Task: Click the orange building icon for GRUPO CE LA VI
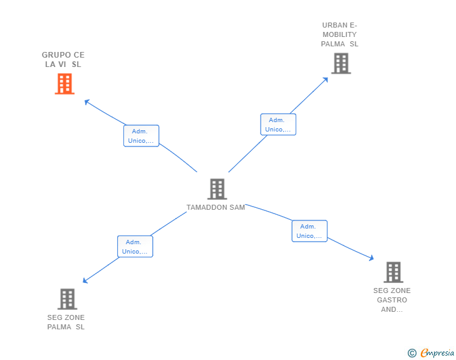pyautogui.click(x=65, y=84)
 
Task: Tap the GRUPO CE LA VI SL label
pyautogui.click(x=63, y=59)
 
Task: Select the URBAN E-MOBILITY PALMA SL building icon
pyautogui.click(x=341, y=63)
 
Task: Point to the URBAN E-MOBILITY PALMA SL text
pyautogui.click(x=339, y=35)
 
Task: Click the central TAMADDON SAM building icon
pyautogui.click(x=217, y=189)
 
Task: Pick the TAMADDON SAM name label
pyautogui.click(x=215, y=207)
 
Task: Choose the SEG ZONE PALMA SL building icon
pyautogui.click(x=67, y=299)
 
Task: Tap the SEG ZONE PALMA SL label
pyautogui.click(x=66, y=322)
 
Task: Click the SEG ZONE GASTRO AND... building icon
pyautogui.click(x=393, y=272)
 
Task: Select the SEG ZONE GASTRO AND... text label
pyautogui.click(x=392, y=300)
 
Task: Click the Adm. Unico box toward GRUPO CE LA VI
pyautogui.click(x=141, y=136)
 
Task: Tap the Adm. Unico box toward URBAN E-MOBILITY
pyautogui.click(x=278, y=125)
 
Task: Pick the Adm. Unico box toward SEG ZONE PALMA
pyautogui.click(x=135, y=247)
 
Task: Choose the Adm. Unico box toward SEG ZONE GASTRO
pyautogui.click(x=309, y=231)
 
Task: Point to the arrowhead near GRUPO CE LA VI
pyautogui.click(x=87, y=101)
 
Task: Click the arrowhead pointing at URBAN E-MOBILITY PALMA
pyautogui.click(x=326, y=79)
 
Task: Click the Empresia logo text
pyautogui.click(x=437, y=353)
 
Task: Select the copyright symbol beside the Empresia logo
pyautogui.click(x=412, y=353)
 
